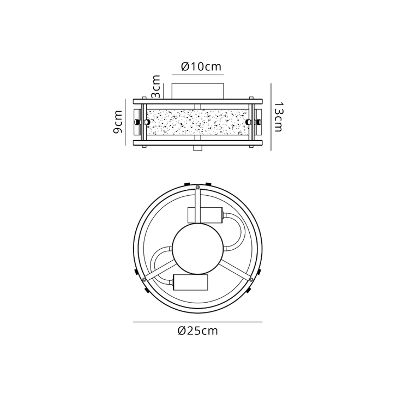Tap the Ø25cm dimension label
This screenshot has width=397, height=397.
point(197,330)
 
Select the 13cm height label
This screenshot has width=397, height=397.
point(279,117)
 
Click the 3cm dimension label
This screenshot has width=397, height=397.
point(157,85)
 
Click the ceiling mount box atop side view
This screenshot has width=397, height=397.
point(198,89)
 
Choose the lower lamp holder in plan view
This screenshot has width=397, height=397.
point(191,282)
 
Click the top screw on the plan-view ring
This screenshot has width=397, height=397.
point(197,188)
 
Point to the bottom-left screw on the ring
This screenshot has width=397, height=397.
point(143,279)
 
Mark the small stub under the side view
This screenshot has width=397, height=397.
point(198,148)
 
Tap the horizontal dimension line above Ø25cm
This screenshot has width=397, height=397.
point(197,322)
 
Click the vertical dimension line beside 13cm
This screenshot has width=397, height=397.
point(271,117)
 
